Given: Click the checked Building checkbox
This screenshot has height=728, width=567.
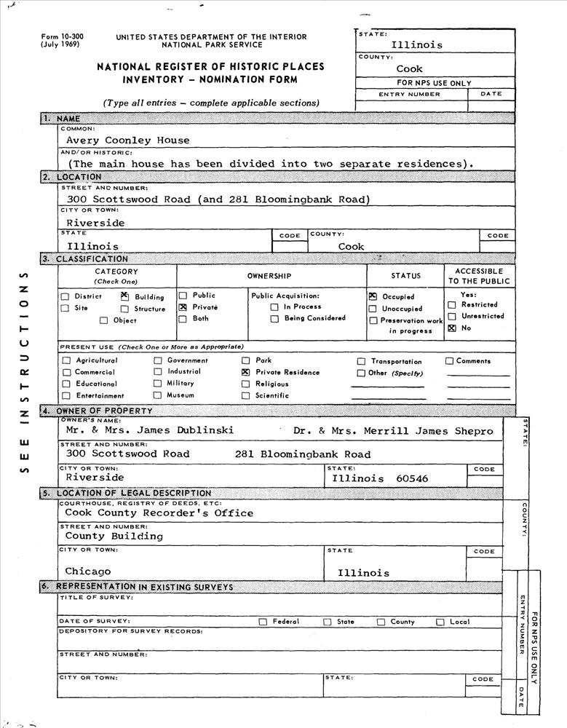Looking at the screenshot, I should (124, 296).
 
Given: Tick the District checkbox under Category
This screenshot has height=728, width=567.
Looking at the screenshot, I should (66, 296).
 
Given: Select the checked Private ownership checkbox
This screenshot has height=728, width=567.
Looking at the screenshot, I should (183, 308).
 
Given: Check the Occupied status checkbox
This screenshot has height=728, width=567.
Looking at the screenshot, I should (373, 296).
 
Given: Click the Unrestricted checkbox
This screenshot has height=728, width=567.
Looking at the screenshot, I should (452, 316).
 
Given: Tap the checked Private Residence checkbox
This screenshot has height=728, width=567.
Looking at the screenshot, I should (246, 372).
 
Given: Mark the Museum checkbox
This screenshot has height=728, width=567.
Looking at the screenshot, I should (157, 395).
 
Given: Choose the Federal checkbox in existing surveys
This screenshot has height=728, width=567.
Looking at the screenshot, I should (263, 622).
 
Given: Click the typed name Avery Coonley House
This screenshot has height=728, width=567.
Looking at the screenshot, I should (127, 141).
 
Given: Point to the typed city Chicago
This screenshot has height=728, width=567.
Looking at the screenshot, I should (88, 571).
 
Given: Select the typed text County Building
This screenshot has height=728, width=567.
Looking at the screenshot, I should (114, 537).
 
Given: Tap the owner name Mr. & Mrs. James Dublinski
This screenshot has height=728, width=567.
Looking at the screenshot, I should (149, 430).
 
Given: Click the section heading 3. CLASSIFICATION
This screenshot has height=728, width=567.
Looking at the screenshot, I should (85, 258).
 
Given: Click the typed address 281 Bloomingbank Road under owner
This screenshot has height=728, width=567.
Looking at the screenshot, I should (302, 454).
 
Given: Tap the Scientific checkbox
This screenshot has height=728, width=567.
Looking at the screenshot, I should (246, 395).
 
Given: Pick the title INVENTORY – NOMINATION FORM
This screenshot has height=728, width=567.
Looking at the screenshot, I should (210, 79).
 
